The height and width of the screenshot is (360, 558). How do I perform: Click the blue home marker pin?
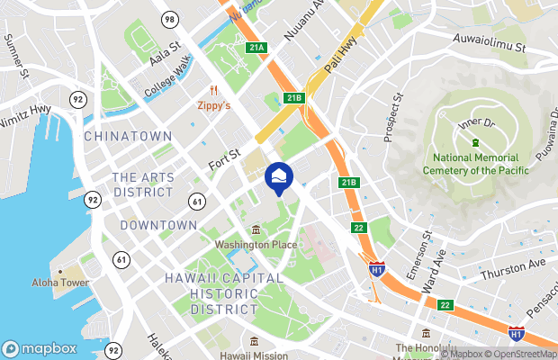(x=278, y=176)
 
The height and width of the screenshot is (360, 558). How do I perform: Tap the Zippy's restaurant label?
(x=214, y=105)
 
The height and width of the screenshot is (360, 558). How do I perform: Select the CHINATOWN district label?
(x=128, y=136)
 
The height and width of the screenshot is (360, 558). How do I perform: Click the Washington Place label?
(x=255, y=244)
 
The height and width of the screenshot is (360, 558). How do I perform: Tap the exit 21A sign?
(x=256, y=47)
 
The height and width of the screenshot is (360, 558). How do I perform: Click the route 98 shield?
(x=168, y=19)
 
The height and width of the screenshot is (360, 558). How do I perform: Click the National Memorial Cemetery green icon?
(x=474, y=144)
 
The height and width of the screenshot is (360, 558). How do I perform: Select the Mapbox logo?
(x=40, y=348)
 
